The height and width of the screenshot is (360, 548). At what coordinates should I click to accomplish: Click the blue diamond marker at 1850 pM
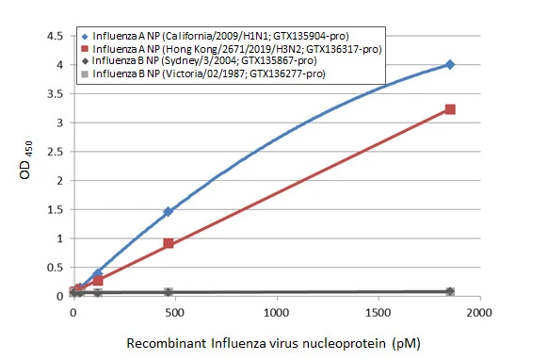click(x=450, y=64)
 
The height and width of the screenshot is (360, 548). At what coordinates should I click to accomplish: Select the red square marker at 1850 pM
click(x=450, y=109)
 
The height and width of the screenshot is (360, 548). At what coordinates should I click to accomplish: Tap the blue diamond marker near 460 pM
click(x=168, y=212)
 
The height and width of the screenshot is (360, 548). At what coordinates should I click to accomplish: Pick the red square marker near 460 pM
click(x=168, y=243)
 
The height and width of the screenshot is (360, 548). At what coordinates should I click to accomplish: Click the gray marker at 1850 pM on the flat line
click(x=450, y=292)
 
